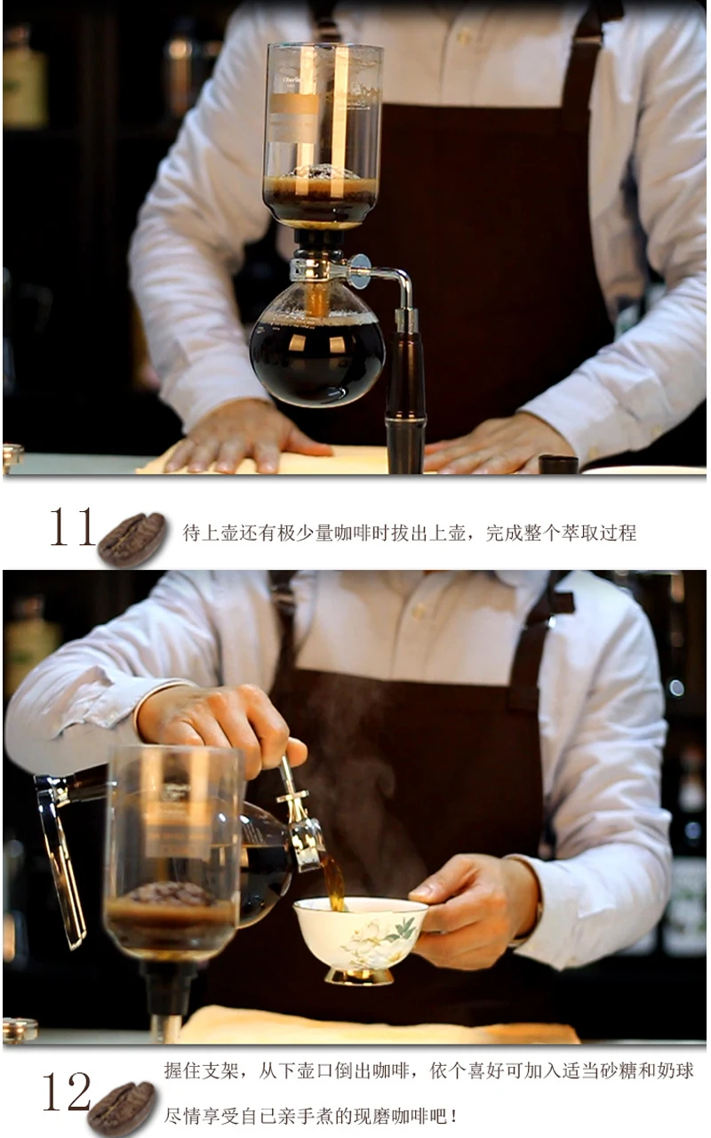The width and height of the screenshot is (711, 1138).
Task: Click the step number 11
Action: coord(72,527)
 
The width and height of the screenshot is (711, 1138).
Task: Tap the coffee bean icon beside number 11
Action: coord(132,539)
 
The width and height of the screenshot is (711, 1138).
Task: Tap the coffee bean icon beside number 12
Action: coord(122,1109)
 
